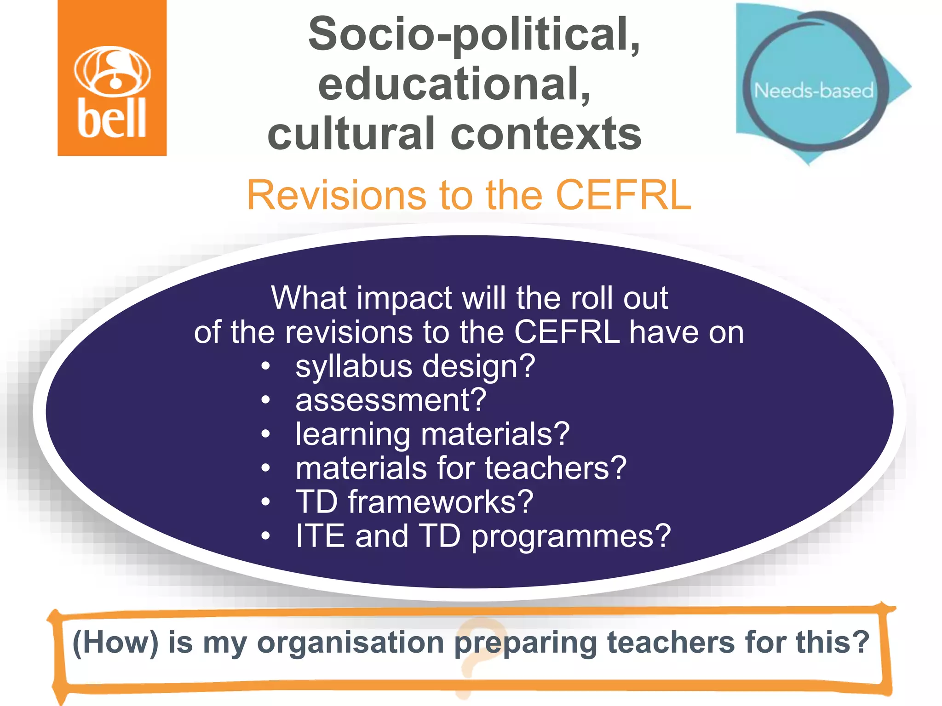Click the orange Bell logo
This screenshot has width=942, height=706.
[112, 78]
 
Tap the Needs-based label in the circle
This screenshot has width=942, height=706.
[814, 91]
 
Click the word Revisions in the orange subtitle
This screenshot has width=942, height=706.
[335, 195]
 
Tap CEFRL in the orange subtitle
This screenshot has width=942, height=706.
[623, 195]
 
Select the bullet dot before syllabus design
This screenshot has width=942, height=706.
[265, 366]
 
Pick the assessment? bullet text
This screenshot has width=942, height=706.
[391, 400]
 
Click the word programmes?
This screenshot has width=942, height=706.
[571, 535]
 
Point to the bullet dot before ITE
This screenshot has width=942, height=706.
[265, 535]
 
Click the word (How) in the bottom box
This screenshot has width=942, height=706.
[115, 642]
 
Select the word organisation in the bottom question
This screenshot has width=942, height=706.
[350, 642]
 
